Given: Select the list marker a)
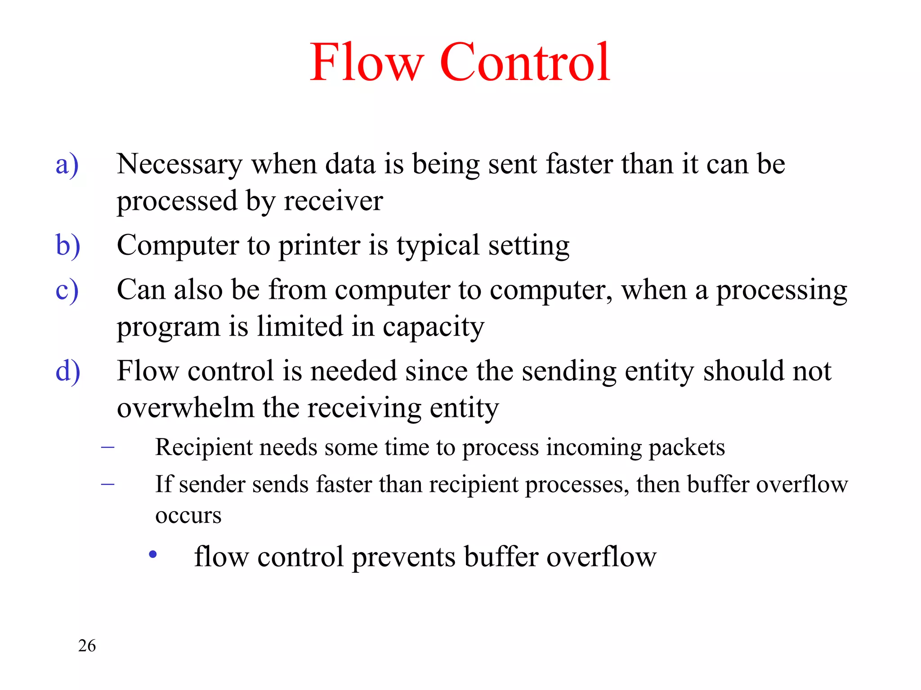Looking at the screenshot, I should pos(67,164).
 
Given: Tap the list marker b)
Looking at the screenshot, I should pos(68,246).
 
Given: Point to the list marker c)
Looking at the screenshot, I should pos(67,291).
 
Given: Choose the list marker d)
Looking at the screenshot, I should pos(68,372).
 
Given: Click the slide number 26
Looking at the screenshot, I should pos(87,646).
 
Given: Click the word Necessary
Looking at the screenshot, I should pos(179,164).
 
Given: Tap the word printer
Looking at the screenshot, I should pos(319,246).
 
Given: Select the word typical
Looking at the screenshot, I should pos(438,246).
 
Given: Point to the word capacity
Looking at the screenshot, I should pos(434,327).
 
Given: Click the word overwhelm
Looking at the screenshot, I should pos(185,408).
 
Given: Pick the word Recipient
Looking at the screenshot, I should pos(204,448).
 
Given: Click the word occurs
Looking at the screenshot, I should pos(188,515).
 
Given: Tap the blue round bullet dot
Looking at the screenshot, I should pos(153,554).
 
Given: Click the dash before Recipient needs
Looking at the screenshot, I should pos(107,447).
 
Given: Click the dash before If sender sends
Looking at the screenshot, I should pos(107,484).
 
